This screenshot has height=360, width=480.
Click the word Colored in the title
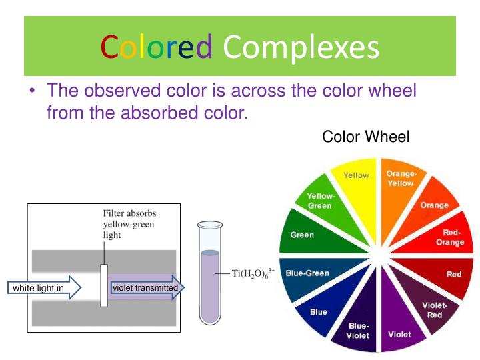point(156,48)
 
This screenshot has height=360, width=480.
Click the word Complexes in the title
point(301,48)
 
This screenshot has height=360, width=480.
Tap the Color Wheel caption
point(365,137)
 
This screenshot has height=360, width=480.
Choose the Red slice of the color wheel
point(449,274)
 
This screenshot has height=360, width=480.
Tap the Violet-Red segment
point(431,308)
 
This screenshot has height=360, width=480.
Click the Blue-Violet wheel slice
point(358,327)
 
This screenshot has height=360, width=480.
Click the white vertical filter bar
point(104,285)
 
